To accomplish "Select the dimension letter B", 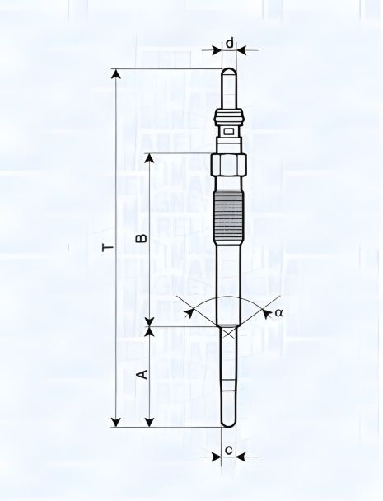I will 141,238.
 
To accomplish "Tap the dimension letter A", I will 141,375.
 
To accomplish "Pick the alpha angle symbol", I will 280,312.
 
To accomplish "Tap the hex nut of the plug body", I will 229,164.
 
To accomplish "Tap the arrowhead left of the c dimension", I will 217,455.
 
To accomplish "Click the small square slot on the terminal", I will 229,130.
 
